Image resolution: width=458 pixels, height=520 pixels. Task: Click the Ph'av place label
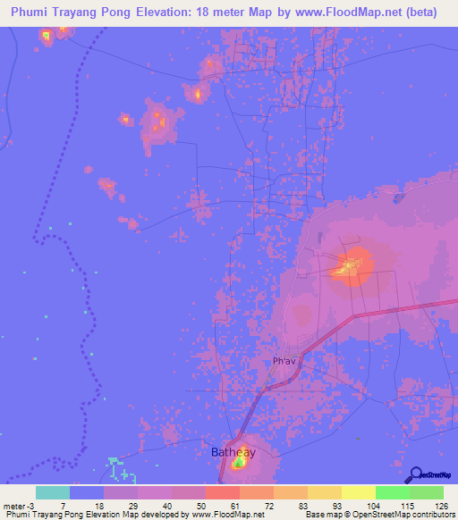pos(284,361)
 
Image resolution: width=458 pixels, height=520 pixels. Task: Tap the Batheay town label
pos(233,452)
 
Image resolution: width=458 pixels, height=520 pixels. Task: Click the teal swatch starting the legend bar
pos(52,492)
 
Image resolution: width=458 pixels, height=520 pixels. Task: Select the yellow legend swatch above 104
pos(358,492)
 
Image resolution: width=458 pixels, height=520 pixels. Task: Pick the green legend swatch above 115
pos(392,492)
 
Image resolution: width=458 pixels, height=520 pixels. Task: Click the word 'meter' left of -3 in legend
pos(15,505)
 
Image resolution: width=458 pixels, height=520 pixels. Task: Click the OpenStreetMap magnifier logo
pos(414,475)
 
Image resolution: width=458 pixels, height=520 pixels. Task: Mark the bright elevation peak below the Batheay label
pos(239,463)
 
